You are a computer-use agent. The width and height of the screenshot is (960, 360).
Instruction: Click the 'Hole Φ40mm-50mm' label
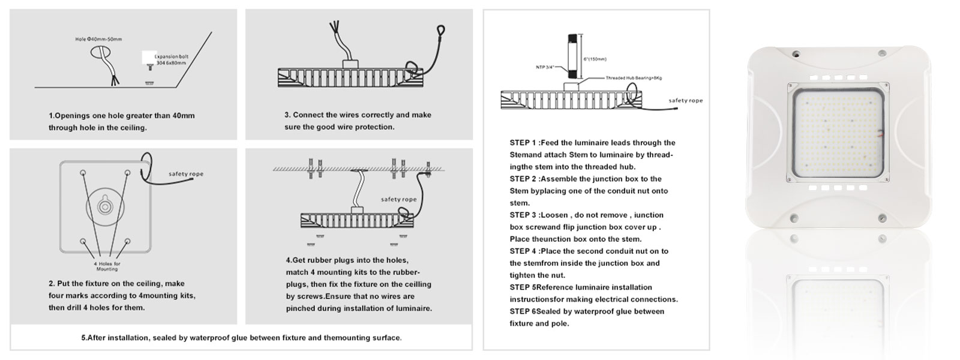pyautogui.click(x=99, y=40)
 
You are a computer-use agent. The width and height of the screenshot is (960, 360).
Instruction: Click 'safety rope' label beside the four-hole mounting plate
pyautogui.click(x=186, y=174)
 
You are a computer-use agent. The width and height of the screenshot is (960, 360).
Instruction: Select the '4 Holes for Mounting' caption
pyautogui.click(x=107, y=266)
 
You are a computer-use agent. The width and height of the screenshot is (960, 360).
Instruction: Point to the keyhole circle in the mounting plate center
pyautogui.click(x=106, y=206)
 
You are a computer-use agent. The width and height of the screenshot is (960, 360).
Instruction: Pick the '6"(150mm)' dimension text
pyautogui.click(x=595, y=59)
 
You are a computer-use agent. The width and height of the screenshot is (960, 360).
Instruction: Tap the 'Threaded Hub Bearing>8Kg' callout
pyautogui.click(x=634, y=78)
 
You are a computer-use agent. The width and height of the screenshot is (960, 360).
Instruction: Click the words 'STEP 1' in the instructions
pyautogui.click(x=523, y=143)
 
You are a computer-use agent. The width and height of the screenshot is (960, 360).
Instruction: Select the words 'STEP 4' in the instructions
pyautogui.click(x=523, y=251)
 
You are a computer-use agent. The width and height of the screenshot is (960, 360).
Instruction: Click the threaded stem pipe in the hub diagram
pyautogui.click(x=573, y=58)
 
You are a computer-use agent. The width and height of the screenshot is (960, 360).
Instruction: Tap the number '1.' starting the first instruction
pyautogui.click(x=51, y=115)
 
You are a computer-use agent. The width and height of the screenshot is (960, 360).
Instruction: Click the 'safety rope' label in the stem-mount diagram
pyautogui.click(x=686, y=101)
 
